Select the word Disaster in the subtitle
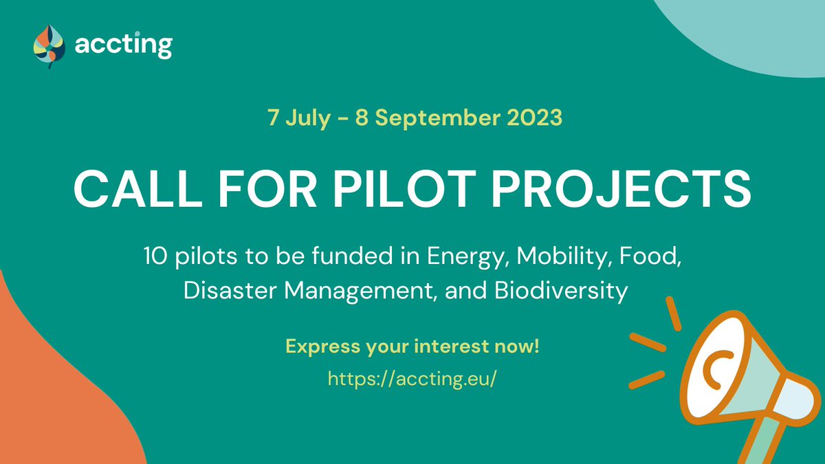coord(229,291)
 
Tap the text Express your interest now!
coord(412,346)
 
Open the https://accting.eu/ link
coord(412,379)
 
